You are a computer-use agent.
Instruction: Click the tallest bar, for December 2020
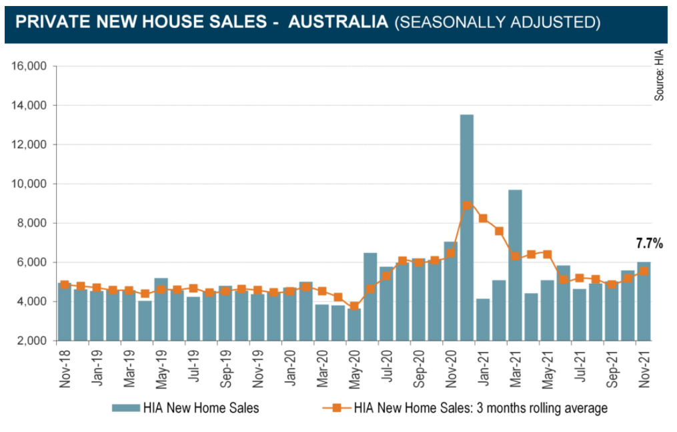click(467, 227)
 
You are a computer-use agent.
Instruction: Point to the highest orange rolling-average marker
click(467, 206)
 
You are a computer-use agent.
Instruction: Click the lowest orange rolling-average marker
click(354, 306)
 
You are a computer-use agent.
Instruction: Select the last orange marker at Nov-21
click(644, 271)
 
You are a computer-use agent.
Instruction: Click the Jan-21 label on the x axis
click(484, 367)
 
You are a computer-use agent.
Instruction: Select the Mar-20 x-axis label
click(322, 367)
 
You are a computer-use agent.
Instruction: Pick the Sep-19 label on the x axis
click(225, 367)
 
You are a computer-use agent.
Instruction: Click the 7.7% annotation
click(648, 244)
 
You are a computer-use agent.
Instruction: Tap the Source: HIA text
click(659, 74)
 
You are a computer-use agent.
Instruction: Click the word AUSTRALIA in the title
click(338, 22)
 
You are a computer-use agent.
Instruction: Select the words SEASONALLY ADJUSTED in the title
click(498, 22)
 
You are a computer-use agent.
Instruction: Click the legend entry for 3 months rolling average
click(480, 408)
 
